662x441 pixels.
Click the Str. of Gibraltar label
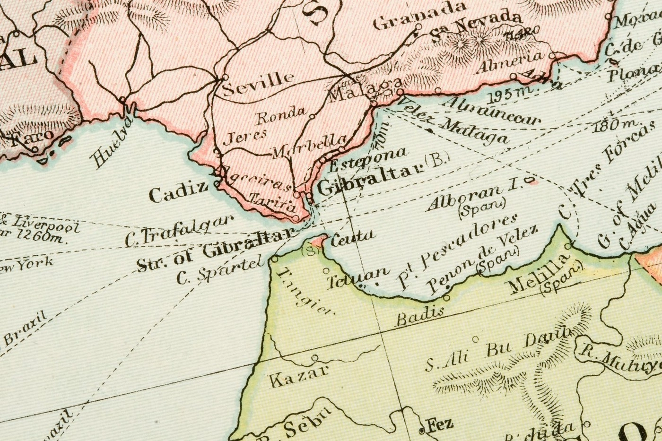tap(216, 253)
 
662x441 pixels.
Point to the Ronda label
tap(281, 114)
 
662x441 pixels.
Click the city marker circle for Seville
tap(225, 77)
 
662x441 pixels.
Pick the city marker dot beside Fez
tap(422, 431)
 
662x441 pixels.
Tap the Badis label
tap(420, 315)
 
